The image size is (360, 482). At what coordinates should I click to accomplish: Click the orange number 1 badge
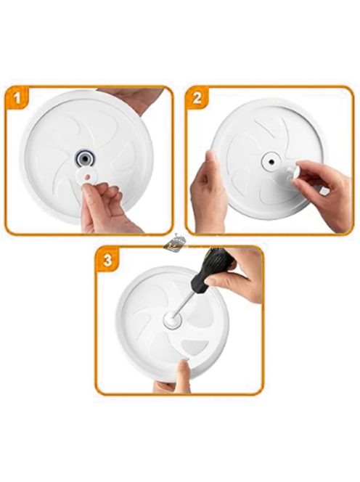[17, 99]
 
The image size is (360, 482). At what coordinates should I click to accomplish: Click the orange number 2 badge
[197, 99]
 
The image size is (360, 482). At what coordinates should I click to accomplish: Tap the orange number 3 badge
[107, 261]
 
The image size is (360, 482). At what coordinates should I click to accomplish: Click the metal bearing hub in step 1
[84, 159]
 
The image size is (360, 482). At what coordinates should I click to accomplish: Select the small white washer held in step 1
[87, 176]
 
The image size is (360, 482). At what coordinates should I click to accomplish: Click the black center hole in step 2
[272, 160]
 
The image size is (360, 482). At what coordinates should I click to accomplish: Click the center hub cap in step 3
[171, 319]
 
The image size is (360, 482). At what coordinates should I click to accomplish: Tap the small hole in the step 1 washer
[89, 176]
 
